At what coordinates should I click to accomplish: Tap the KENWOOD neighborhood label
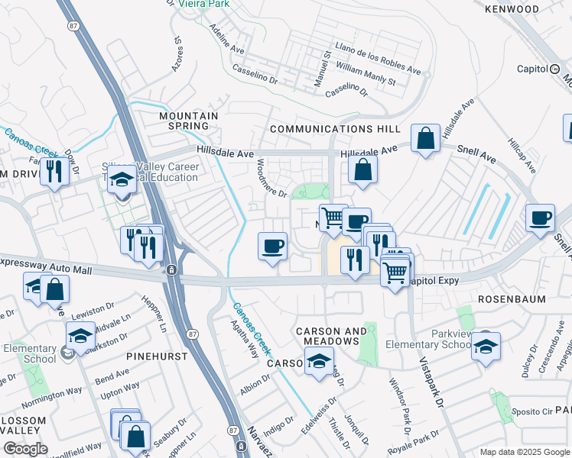point(512,9)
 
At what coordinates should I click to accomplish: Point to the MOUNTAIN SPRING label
point(188,121)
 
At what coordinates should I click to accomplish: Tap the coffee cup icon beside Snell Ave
point(540,218)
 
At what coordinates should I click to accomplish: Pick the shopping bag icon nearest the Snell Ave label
point(425,139)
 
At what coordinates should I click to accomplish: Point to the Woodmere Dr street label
point(271,176)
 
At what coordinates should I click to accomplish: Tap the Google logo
point(26,448)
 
